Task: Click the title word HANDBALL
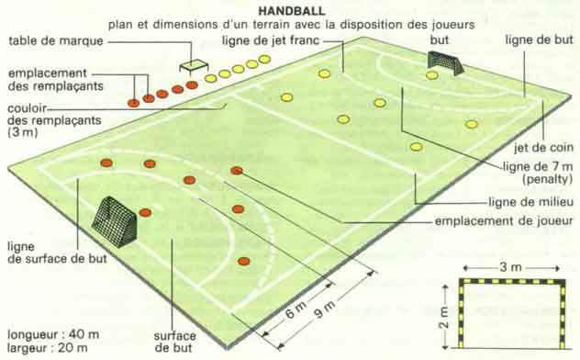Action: (292, 11)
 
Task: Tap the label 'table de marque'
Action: (56, 40)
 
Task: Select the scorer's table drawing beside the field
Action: (194, 66)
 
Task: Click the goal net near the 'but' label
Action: (445, 62)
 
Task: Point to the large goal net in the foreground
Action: (115, 221)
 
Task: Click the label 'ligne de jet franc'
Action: (271, 40)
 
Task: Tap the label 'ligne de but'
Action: (539, 39)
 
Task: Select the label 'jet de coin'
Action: (543, 147)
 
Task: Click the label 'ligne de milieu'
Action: (530, 202)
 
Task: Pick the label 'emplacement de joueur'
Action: (504, 221)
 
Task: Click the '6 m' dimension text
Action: (296, 310)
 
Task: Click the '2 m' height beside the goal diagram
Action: (444, 318)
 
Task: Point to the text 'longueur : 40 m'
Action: (53, 334)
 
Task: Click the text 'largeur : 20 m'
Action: (48, 348)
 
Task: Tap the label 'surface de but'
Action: (174, 342)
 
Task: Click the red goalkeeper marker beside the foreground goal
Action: (145, 212)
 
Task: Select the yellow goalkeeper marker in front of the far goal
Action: (431, 76)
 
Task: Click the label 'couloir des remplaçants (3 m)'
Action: (54, 120)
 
